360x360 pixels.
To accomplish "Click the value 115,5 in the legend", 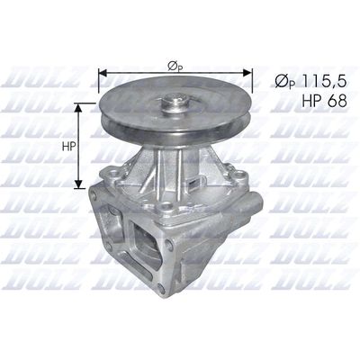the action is click(323, 82).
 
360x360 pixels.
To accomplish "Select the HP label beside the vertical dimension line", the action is click(68, 147).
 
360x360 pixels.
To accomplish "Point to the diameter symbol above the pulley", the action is click(175, 67).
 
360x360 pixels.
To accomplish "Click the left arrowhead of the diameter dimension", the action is click(103, 73).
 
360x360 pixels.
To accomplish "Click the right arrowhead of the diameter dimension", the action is click(247, 73).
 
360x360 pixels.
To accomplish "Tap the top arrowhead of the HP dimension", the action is click(78, 108).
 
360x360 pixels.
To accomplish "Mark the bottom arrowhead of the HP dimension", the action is click(78, 184).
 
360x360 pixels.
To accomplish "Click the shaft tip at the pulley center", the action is click(175, 99).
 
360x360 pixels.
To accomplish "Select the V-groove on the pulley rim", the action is click(175, 121).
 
